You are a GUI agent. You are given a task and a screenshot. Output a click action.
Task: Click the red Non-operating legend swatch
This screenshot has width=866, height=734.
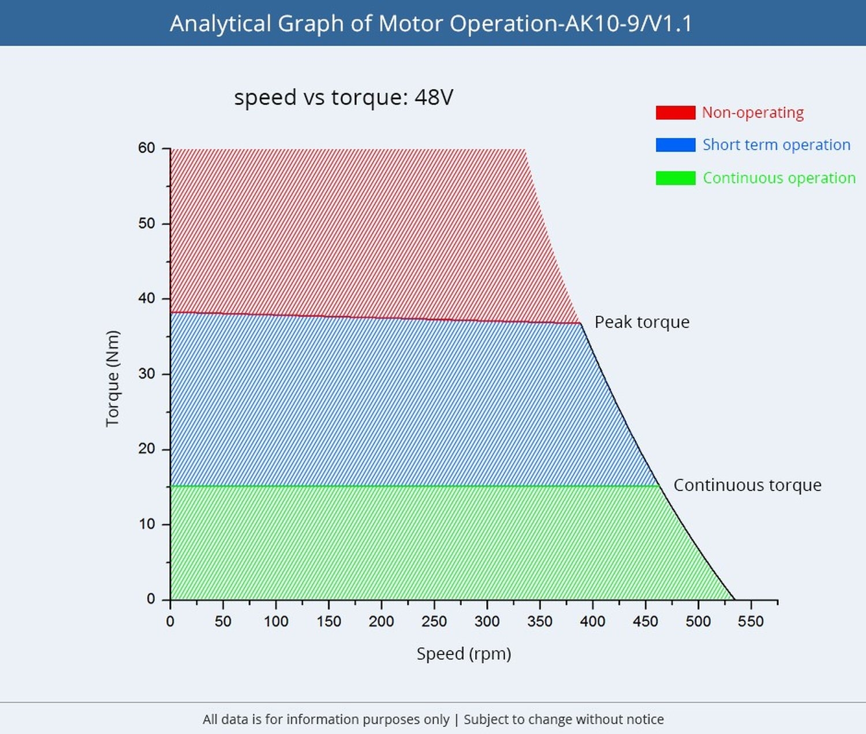(x=675, y=113)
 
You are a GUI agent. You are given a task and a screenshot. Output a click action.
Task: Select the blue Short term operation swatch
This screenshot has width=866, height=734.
(x=675, y=145)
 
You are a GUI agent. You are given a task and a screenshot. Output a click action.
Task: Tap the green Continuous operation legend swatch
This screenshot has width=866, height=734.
(x=675, y=178)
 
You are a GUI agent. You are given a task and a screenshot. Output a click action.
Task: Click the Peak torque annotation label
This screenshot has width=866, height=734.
(x=641, y=322)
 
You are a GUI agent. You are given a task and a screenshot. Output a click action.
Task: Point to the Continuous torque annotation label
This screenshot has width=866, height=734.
(x=747, y=485)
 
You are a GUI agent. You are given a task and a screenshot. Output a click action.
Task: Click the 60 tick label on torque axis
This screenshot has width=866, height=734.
(x=147, y=148)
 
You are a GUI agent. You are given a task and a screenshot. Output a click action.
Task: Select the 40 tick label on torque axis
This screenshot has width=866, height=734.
(x=147, y=298)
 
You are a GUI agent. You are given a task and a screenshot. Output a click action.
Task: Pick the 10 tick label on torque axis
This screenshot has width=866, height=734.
(x=147, y=524)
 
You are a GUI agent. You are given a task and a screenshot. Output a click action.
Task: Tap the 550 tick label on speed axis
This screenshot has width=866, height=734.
(x=751, y=621)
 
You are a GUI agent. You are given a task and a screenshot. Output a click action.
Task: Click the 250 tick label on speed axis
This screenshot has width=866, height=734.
(x=434, y=621)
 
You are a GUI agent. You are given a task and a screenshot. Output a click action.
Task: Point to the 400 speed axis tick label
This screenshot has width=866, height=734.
(x=592, y=621)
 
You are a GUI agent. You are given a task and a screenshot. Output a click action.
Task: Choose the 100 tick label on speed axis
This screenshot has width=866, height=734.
(x=276, y=621)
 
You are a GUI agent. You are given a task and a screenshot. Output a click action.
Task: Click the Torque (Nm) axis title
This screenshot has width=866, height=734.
(x=113, y=379)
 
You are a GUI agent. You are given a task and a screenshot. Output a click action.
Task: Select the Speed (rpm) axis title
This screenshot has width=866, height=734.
(x=464, y=654)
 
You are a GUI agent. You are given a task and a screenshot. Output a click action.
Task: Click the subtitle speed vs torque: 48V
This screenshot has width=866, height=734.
(x=344, y=97)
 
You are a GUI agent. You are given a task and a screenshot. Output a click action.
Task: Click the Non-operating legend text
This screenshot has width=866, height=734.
(x=752, y=113)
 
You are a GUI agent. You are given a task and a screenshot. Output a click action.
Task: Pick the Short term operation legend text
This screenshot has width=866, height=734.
(x=776, y=145)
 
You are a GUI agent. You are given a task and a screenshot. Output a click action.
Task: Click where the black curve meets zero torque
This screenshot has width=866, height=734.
(x=734, y=600)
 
